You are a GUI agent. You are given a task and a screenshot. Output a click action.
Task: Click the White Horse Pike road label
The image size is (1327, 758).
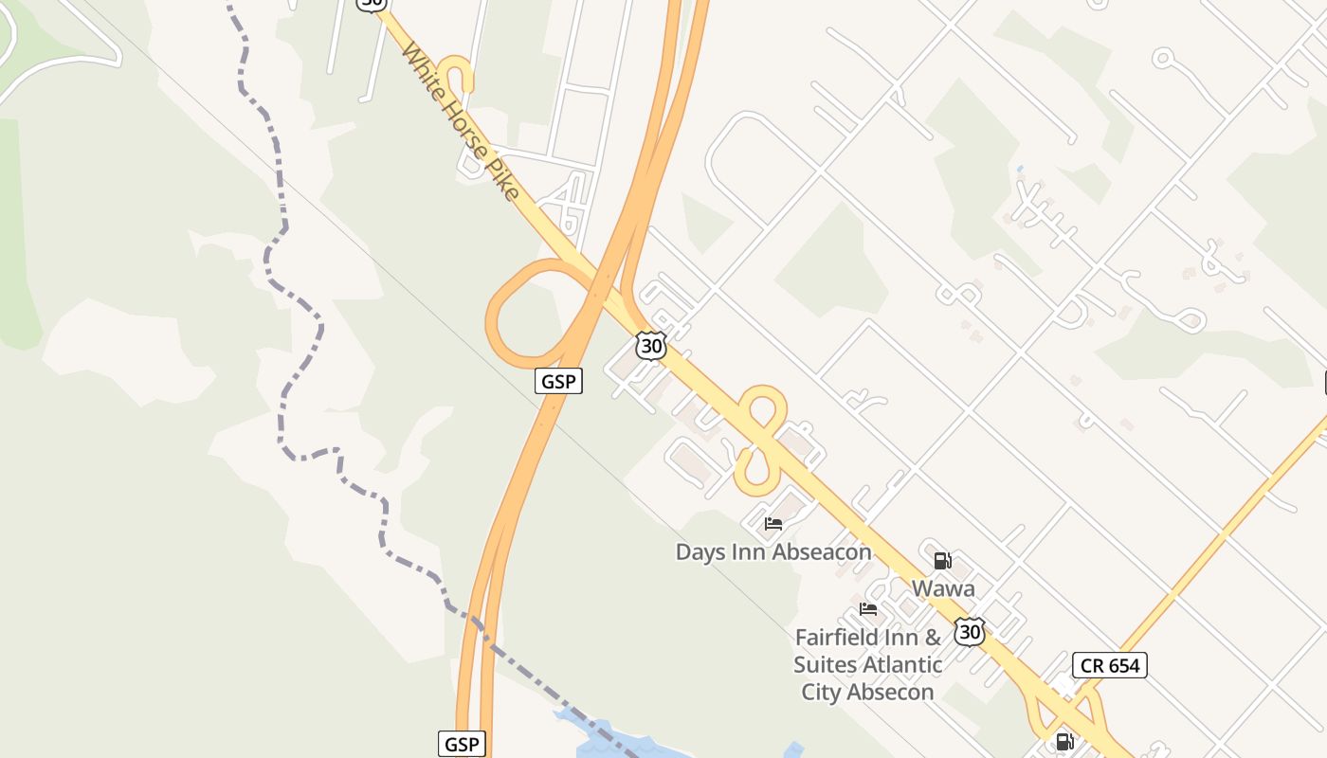click(461, 120)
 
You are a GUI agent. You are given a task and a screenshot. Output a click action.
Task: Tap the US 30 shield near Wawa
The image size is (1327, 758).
click(968, 631)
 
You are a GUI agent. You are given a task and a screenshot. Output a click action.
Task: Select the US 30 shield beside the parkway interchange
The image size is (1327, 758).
click(651, 346)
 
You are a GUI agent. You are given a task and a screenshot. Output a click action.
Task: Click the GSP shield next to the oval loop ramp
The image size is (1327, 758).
click(558, 381)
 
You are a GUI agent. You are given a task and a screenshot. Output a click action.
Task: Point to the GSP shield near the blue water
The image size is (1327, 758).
click(462, 744)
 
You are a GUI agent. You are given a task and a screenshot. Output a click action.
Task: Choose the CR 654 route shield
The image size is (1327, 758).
click(1110, 665)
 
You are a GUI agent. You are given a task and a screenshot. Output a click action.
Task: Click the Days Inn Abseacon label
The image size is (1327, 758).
click(773, 551)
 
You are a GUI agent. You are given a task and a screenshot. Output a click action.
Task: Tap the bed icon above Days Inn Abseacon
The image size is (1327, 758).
click(773, 523)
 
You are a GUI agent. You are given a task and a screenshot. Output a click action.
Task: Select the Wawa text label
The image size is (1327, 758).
click(943, 588)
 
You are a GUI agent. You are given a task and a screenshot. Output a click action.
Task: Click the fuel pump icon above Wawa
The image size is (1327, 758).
click(942, 561)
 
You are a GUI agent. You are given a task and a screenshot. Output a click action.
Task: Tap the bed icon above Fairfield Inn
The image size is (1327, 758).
click(867, 609)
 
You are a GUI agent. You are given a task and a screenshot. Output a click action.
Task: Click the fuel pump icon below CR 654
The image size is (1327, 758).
click(1064, 741)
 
